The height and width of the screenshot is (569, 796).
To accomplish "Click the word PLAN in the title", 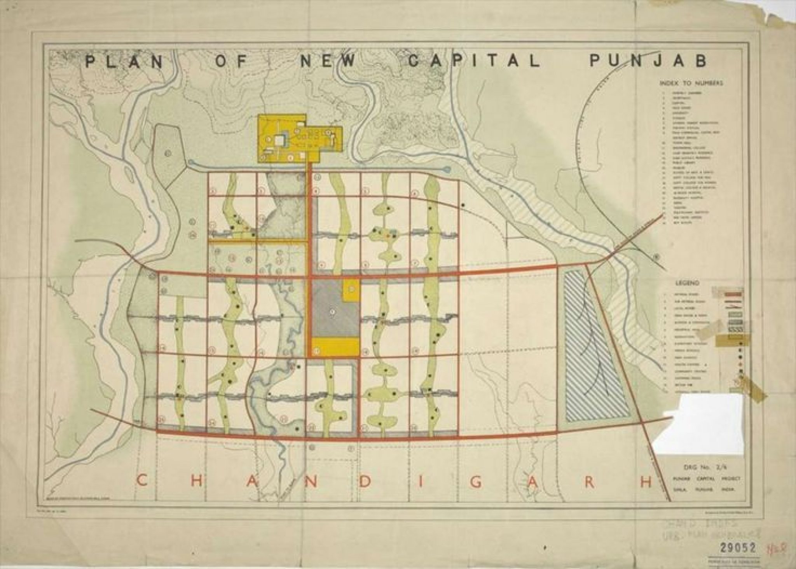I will click(124, 62).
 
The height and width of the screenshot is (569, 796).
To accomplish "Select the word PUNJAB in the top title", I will click(648, 61).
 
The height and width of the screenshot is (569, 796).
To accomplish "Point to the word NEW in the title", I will click(328, 62).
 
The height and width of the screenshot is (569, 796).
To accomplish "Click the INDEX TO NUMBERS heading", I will click(691, 83).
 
